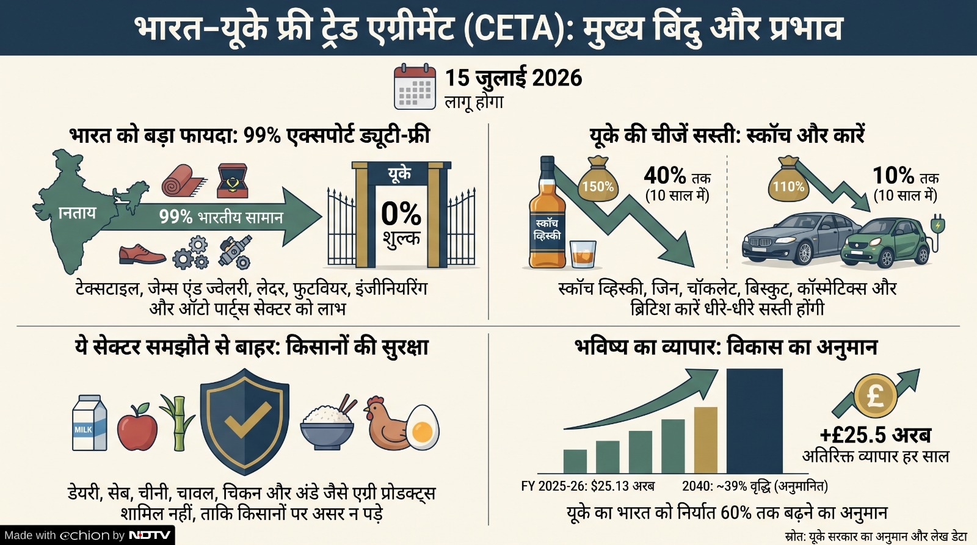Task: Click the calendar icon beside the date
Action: (x=415, y=87)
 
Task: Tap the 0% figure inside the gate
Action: (x=401, y=214)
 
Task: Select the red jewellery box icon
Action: (x=233, y=181)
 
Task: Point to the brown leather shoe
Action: (x=142, y=254)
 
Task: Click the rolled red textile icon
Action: (x=184, y=181)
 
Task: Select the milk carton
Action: (x=89, y=422)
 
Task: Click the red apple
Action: (x=137, y=427)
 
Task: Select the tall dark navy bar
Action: (x=755, y=420)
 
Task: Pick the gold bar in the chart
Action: (x=706, y=440)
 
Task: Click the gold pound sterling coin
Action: (x=876, y=396)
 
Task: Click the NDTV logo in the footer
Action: (x=150, y=535)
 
